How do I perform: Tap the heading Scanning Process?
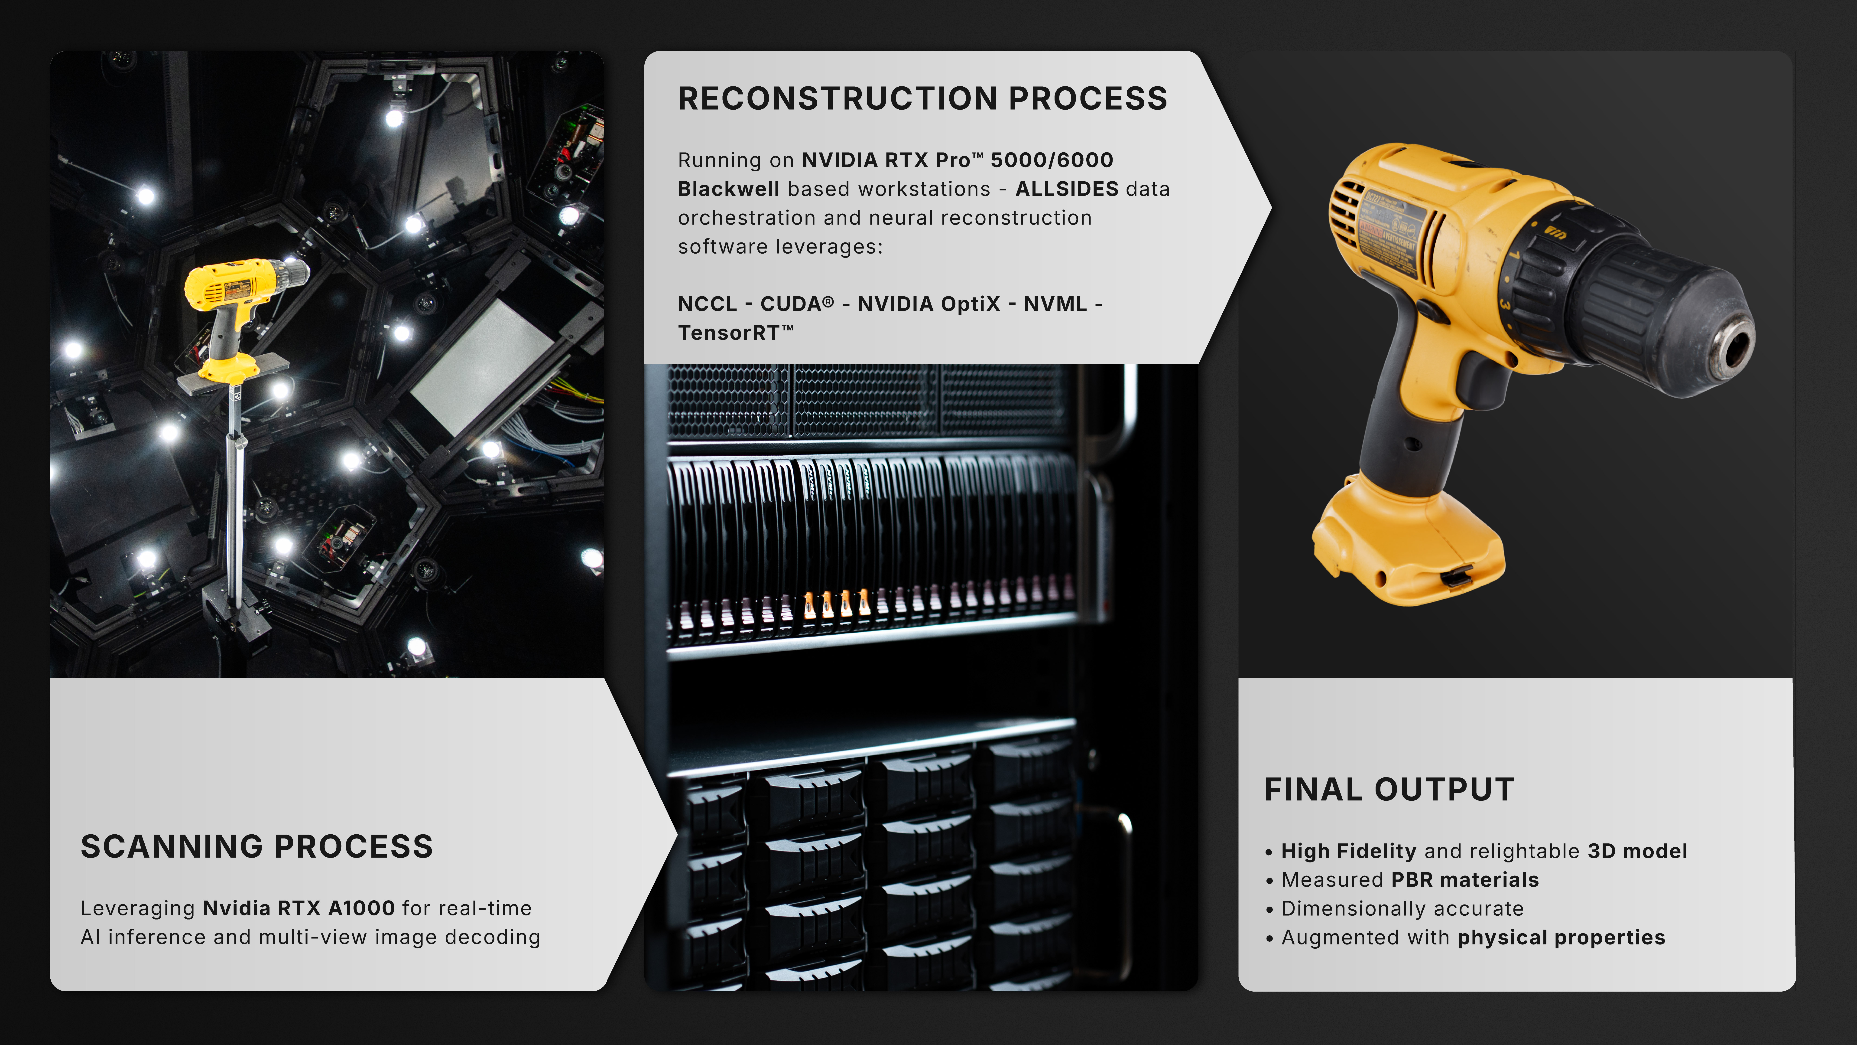[x=257, y=847]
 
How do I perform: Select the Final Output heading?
[x=1389, y=790]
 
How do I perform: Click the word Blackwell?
[x=728, y=189]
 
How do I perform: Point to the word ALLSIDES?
[x=1067, y=189]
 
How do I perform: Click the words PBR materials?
[x=1465, y=880]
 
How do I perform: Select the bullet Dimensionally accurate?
[x=1402, y=909]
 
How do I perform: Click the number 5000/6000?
[x=1052, y=160]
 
